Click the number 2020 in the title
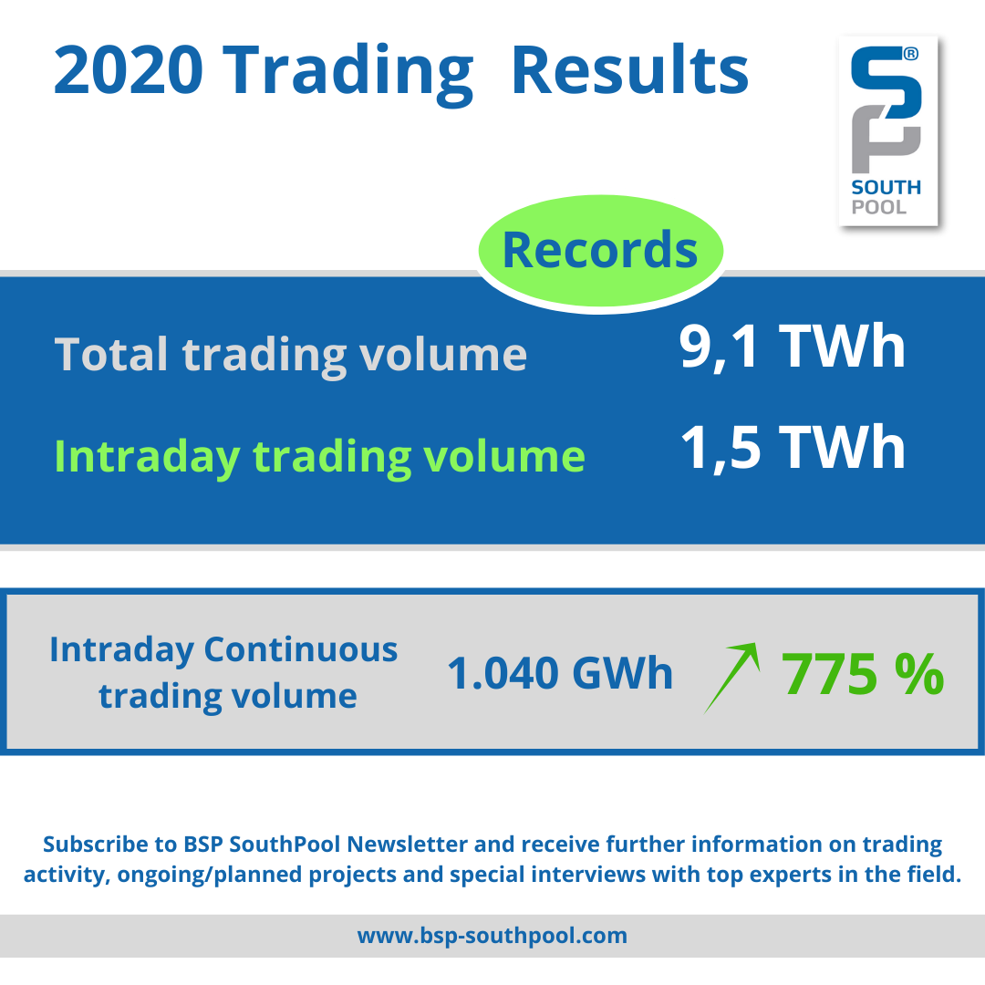tap(129, 70)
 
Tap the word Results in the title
tap(630, 70)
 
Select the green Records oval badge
tap(600, 252)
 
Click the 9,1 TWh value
tap(793, 347)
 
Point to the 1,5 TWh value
tap(793, 447)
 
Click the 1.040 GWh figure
tap(560, 673)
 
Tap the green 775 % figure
tap(863, 674)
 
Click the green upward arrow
tap(731, 677)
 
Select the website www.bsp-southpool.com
tap(492, 936)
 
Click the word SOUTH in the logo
tap(886, 187)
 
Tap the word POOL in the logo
tap(879, 207)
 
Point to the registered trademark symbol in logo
tap(911, 54)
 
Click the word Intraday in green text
tap(147, 457)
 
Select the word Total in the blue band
tap(110, 354)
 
